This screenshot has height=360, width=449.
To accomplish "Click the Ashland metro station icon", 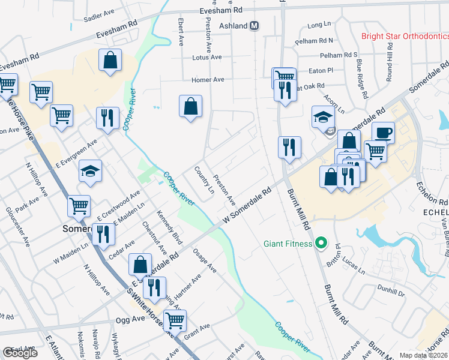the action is point(255,26).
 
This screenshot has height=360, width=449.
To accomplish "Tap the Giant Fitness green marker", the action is point(321,244).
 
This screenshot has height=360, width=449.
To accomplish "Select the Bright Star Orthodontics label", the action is point(405,37).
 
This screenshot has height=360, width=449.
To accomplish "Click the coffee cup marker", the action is point(383,132).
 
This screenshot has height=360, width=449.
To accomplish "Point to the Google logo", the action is point(20,353).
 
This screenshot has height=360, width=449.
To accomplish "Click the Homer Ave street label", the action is point(208,80).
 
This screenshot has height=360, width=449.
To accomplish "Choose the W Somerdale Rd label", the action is point(247,205).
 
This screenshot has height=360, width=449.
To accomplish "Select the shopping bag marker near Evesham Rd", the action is point(110,60).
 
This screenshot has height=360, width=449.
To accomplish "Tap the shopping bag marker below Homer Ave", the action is point(190,106).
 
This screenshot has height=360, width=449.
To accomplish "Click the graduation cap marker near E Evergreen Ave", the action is point(90,171).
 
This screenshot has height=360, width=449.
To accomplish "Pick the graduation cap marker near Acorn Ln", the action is point(323,117).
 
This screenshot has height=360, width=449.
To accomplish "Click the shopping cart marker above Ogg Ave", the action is point(175,320).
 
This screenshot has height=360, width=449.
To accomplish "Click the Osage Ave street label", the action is point(205,261).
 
